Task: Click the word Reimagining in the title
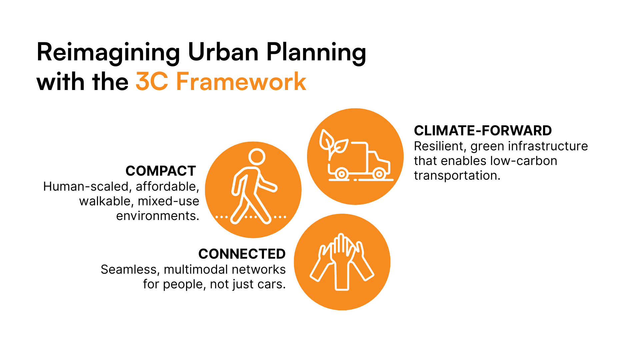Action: (108, 53)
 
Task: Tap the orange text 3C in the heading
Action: (152, 81)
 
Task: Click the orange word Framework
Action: (241, 81)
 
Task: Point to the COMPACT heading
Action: (161, 171)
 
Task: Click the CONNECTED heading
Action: (242, 254)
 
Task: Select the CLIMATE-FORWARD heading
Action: (483, 131)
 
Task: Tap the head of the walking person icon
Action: (257, 157)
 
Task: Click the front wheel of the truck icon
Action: (379, 174)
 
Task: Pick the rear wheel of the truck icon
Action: (341, 174)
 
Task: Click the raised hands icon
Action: (342, 262)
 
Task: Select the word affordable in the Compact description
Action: (167, 187)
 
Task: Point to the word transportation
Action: (457, 176)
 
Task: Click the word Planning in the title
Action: (316, 53)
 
